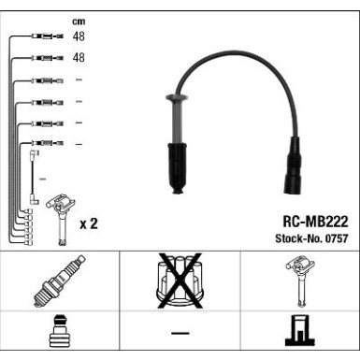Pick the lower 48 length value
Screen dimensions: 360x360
79,58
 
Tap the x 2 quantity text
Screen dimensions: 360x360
90,224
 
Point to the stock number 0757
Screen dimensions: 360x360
334,239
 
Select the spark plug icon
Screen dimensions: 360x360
59,280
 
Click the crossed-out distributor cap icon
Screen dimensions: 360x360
180,280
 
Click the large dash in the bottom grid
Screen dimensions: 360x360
180,334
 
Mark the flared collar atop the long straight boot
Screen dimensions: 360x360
174,97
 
